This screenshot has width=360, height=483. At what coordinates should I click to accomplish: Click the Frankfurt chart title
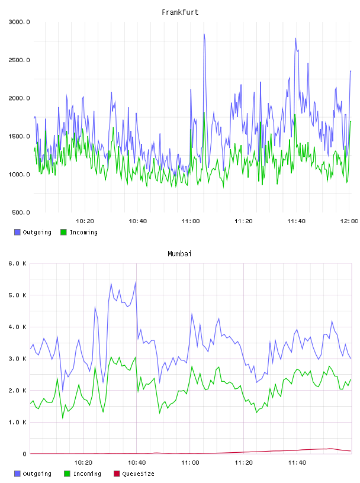180,12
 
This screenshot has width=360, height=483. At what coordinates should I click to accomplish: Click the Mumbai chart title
179,254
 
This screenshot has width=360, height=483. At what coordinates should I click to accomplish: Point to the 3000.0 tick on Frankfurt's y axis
19,22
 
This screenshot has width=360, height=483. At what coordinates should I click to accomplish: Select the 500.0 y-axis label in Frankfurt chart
21,212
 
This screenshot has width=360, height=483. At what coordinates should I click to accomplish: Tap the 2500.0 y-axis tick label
19,60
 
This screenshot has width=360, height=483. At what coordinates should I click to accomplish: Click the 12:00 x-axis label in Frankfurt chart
349,221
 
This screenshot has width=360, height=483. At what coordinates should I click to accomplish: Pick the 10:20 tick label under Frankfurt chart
85,221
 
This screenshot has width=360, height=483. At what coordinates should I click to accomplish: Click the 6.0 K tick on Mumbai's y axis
18,263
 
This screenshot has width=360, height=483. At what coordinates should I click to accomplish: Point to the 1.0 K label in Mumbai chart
18,422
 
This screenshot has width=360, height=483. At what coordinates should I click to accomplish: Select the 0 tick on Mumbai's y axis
25,454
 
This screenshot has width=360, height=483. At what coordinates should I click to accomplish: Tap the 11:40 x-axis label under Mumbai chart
297,463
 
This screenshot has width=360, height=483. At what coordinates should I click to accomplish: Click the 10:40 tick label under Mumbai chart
137,463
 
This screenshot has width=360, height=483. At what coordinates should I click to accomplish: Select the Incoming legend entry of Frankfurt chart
79,232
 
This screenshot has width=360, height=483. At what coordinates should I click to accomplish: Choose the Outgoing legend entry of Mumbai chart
33,474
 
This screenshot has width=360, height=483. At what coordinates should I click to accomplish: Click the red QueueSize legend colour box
117,474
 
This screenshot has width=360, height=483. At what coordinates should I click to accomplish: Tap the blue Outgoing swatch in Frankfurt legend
17,232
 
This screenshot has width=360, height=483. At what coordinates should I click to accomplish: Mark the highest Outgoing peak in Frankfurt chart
204,34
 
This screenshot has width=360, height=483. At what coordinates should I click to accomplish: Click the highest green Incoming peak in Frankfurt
204,112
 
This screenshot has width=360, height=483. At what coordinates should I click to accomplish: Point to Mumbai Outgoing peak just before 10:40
136,282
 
